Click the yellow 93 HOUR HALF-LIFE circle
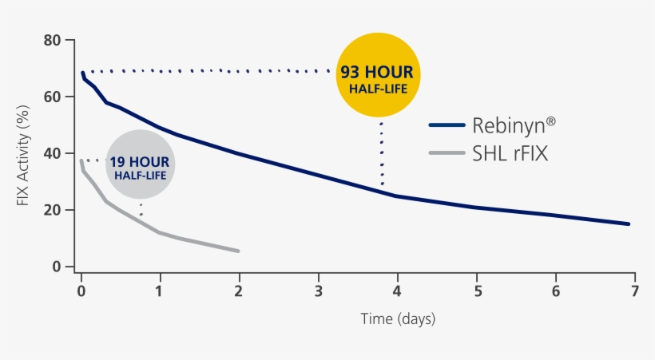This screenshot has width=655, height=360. click(x=379, y=77)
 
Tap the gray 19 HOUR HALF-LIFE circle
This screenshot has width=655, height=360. click(x=139, y=164)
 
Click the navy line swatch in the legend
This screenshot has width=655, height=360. click(x=447, y=125)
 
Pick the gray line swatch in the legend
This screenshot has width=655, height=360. click(x=447, y=152)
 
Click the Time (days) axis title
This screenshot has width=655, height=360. click(x=397, y=318)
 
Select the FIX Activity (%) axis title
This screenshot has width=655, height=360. click(x=23, y=153)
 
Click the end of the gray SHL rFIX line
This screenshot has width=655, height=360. click(x=238, y=251)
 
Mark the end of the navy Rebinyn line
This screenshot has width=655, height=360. click(x=629, y=224)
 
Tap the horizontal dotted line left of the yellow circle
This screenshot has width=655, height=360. click(x=208, y=71)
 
